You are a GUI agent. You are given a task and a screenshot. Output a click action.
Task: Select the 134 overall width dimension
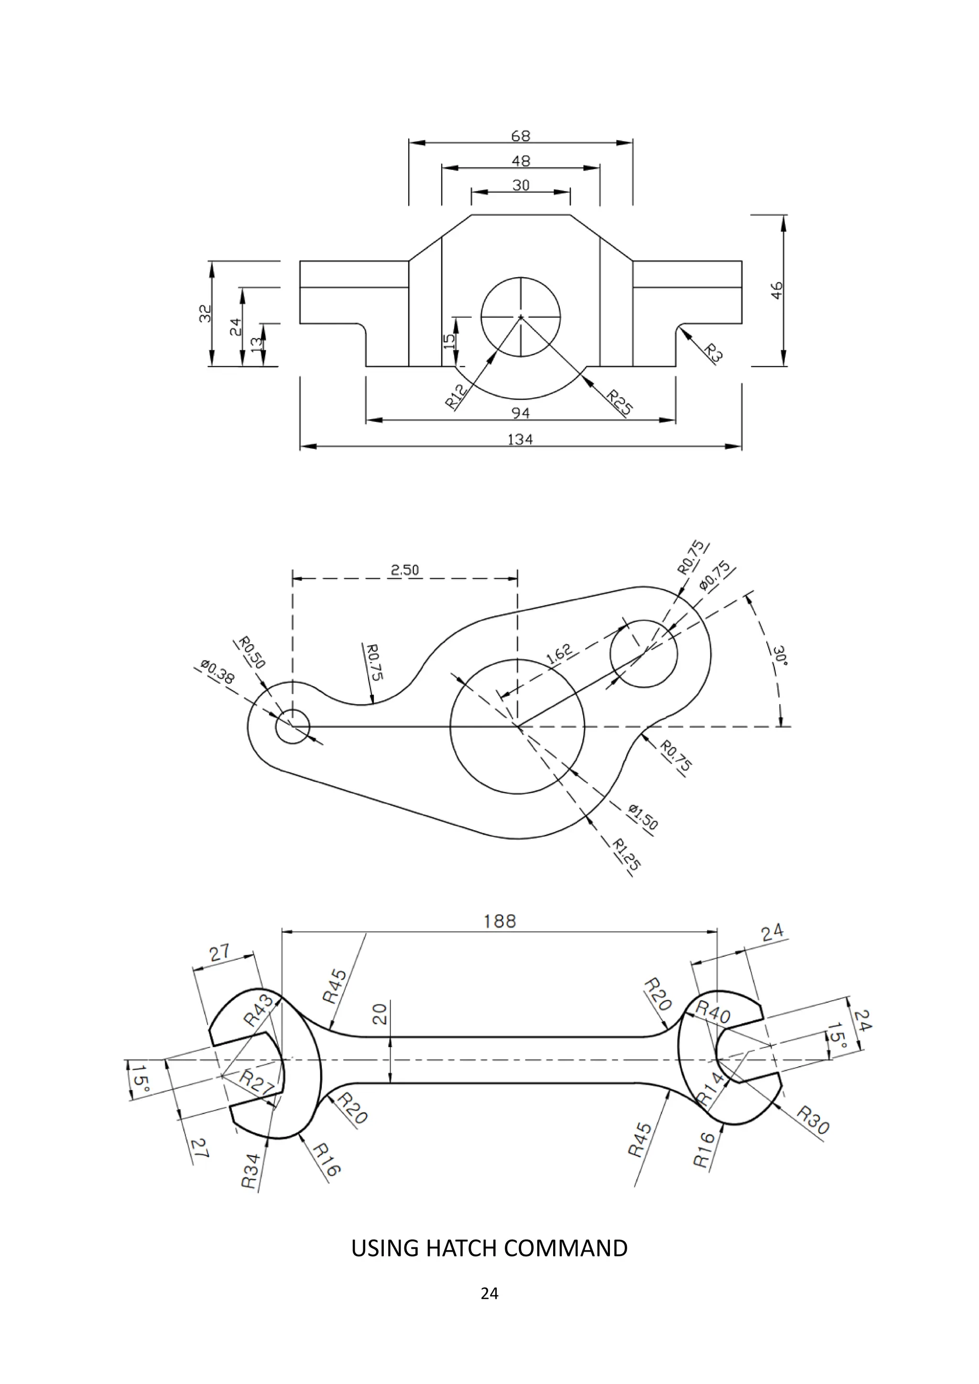[520, 440]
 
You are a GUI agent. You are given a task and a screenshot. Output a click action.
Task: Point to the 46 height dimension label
[777, 290]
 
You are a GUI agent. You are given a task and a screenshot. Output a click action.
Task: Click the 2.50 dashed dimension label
[405, 570]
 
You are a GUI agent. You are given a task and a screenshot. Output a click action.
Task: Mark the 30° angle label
[780, 655]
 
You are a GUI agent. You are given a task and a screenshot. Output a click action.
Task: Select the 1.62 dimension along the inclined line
[559, 655]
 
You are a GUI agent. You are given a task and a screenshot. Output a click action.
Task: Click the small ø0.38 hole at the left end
[293, 727]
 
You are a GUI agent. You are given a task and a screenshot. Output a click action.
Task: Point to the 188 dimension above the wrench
[500, 921]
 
